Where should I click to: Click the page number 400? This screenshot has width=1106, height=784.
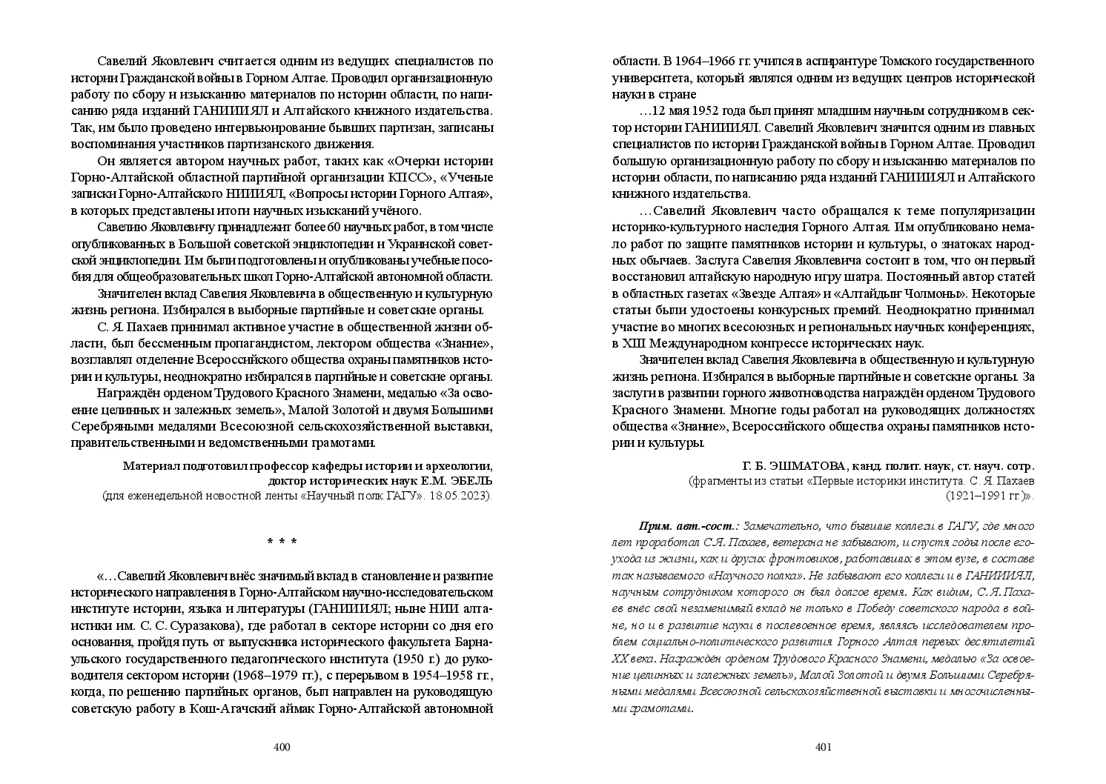coord(282,747)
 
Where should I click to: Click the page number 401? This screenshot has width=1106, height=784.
coord(824,747)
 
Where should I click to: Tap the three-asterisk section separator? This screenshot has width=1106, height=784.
coord(282,542)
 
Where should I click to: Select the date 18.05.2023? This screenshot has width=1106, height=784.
coord(463,496)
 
